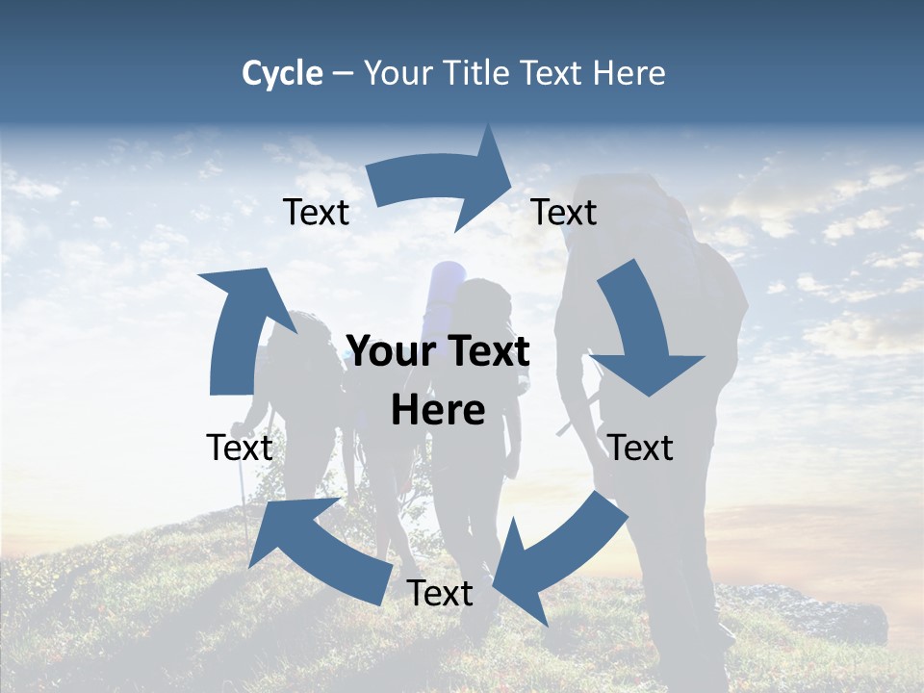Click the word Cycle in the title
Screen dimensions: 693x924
pyautogui.click(x=282, y=73)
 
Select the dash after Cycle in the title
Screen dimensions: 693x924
pyautogui.click(x=343, y=74)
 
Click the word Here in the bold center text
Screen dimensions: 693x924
pyautogui.click(x=438, y=411)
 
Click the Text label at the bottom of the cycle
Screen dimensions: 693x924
pyautogui.click(x=440, y=593)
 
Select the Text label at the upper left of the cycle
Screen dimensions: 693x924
pyautogui.click(x=316, y=212)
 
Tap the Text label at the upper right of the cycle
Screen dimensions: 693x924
pyautogui.click(x=564, y=212)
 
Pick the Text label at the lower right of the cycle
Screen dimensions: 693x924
pyautogui.click(x=640, y=448)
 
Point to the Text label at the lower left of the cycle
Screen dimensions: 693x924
pyautogui.click(x=240, y=448)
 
